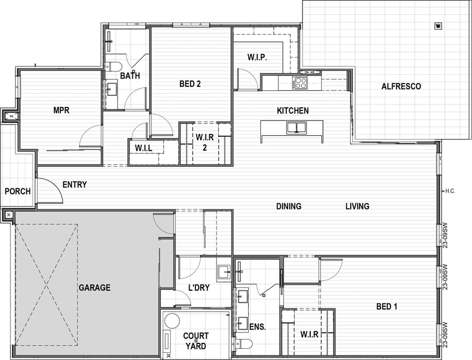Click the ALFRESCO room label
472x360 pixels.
tap(401, 86)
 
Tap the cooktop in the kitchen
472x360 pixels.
tap(300, 83)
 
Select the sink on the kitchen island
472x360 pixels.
tap(296, 127)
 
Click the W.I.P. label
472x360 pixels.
tap(258, 57)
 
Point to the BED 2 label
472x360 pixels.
tap(190, 84)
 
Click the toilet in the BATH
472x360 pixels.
tap(113, 66)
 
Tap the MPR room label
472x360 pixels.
tap(61, 110)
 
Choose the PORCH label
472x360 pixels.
tap(18, 191)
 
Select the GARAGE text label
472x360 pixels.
tap(95, 288)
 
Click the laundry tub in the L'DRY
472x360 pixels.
tap(224, 272)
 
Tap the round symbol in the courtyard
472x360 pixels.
tap(172, 321)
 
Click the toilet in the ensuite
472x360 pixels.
tap(244, 343)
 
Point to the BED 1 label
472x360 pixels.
tap(387, 306)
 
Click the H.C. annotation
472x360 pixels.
tap(450, 191)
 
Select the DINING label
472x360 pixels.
tap(289, 206)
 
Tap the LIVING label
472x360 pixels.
tap(357, 206)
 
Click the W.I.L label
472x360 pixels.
tap(143, 148)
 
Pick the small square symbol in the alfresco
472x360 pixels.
tap(438, 26)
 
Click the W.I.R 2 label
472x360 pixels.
tap(204, 142)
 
